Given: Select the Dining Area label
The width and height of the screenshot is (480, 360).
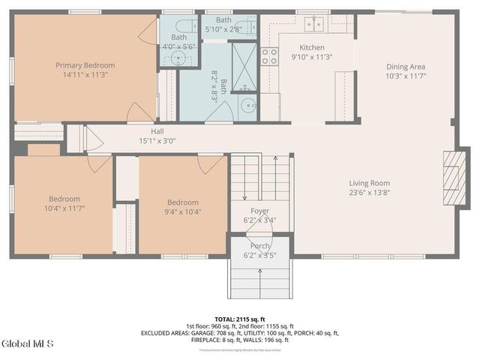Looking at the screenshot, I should (406, 67).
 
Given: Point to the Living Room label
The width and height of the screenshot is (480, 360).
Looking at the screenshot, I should (369, 183).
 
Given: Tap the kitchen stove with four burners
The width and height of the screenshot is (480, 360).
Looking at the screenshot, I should (268, 55).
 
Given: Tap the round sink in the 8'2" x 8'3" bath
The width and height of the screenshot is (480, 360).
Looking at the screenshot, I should (245, 104).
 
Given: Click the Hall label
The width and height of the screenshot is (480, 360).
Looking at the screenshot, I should (157, 131).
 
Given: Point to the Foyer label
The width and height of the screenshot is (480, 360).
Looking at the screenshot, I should (259, 211).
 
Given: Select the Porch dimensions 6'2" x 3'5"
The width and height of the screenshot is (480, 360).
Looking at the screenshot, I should (259, 255).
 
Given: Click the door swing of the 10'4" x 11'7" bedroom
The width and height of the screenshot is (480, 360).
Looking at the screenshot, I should (99, 163).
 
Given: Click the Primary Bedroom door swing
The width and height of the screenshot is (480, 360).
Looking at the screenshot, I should (140, 112).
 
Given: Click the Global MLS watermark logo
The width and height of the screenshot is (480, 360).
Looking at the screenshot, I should (28, 343).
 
